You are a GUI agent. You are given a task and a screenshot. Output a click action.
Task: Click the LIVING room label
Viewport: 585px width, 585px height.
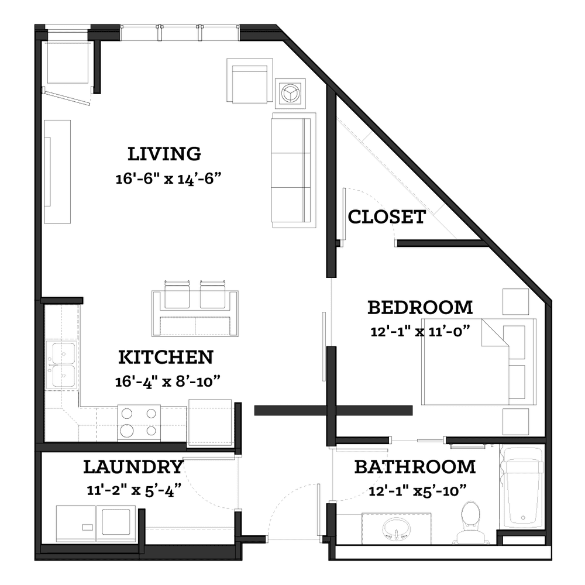(x=164, y=154)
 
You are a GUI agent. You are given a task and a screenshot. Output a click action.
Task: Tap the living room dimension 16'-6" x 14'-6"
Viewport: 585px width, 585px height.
(x=168, y=178)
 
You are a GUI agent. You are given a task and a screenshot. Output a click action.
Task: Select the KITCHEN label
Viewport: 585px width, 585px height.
(x=166, y=357)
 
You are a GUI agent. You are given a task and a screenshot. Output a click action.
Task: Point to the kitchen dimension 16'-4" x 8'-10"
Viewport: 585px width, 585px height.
(x=167, y=381)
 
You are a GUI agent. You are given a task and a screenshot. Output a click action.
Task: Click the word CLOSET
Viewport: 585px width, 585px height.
(x=387, y=217)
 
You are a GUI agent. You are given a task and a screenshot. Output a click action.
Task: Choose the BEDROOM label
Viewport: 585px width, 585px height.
(x=420, y=308)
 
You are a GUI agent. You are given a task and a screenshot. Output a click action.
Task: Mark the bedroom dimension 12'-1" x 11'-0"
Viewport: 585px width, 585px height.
(x=420, y=331)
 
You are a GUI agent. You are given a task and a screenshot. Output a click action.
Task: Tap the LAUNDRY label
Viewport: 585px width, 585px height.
(x=133, y=467)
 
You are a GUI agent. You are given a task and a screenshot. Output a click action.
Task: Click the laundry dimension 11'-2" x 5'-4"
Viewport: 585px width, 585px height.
(x=134, y=490)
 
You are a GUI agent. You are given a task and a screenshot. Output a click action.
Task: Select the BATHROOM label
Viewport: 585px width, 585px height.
(x=415, y=467)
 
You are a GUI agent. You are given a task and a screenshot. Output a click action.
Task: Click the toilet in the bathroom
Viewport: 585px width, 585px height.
(x=470, y=522)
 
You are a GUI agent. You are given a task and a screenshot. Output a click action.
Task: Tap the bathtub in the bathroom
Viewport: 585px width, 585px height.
(x=522, y=487)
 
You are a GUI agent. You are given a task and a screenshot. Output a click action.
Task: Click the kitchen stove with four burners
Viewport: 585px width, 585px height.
(x=139, y=423)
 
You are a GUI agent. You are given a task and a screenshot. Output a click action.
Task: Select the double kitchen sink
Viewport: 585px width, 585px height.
(x=63, y=365)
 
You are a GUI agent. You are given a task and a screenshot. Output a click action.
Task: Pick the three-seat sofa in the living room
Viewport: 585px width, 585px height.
(x=293, y=170)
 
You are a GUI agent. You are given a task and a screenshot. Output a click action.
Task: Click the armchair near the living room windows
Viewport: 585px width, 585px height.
(x=250, y=80)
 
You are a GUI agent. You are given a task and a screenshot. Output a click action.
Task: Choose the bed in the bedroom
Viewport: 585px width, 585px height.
(x=479, y=362)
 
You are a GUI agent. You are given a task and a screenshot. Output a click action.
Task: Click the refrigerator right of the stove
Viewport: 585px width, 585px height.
(x=210, y=422)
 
